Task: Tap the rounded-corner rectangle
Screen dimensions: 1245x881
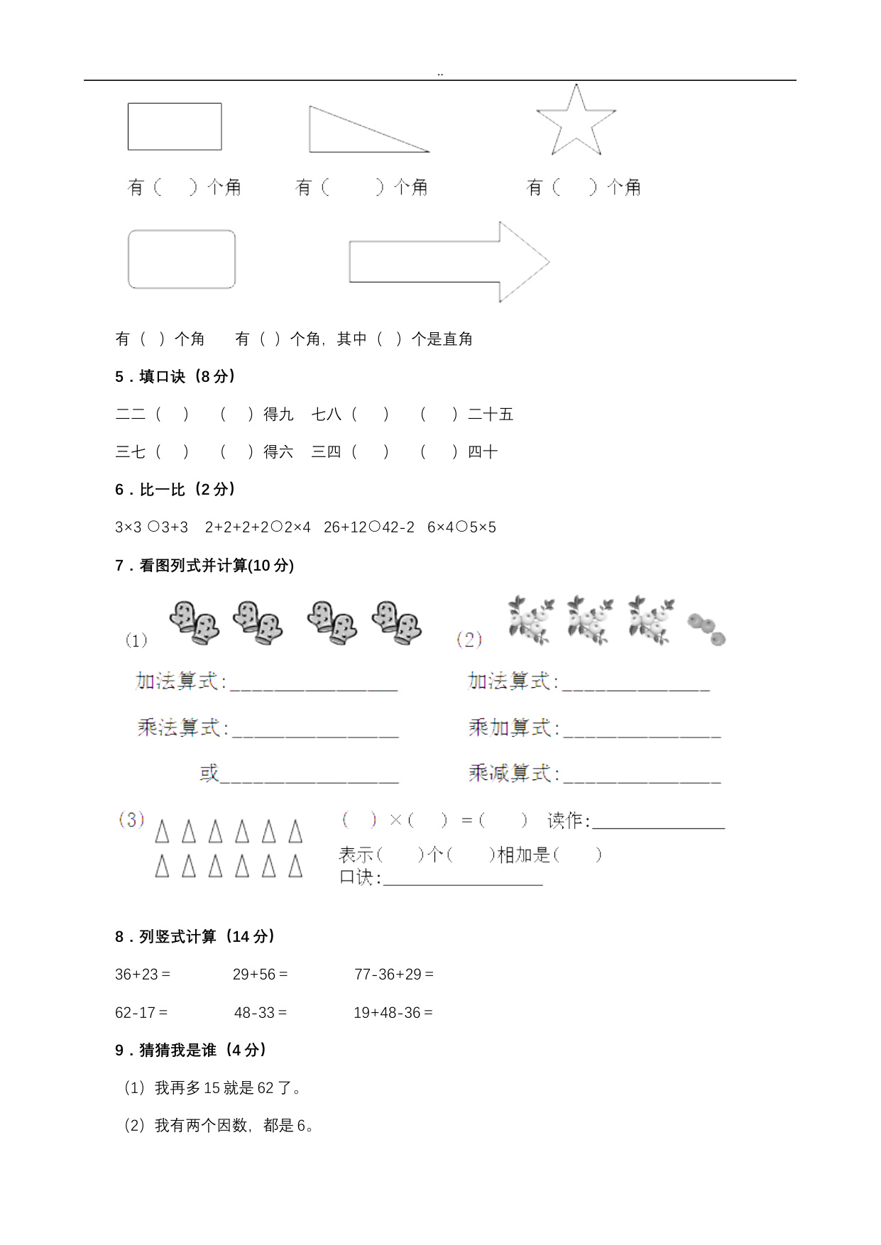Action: coord(181,259)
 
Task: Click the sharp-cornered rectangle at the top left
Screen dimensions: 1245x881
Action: coord(175,126)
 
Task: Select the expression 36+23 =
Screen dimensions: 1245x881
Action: coord(143,975)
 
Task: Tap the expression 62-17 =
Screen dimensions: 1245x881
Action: coord(141,1013)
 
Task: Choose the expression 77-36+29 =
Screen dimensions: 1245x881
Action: coord(394,975)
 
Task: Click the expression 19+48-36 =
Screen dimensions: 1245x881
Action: coord(393,1013)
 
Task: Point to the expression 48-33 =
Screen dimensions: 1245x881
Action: coord(261,1013)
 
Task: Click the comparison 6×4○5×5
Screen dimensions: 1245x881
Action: coord(461,527)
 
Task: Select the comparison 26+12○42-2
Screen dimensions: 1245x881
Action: coord(368,527)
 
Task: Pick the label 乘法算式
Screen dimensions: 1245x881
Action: coord(182,728)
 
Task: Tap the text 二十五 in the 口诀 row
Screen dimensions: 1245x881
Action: coord(491,415)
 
